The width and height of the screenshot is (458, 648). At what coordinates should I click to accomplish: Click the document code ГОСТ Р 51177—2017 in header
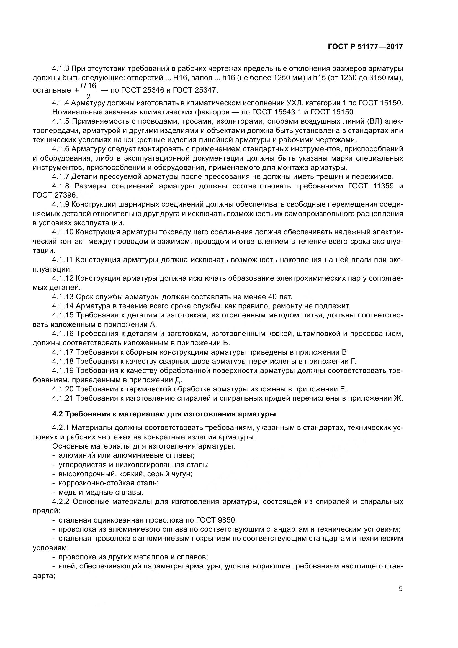coord(365,47)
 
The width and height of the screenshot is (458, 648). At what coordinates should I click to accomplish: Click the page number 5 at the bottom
coord(400,589)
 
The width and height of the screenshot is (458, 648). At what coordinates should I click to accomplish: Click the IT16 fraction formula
coord(88,90)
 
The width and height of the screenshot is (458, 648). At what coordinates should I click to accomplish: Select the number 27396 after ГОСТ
coord(65,195)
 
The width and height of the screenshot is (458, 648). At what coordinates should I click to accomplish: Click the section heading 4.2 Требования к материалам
coord(164,414)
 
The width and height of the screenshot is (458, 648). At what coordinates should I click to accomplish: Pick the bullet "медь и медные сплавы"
coord(101,493)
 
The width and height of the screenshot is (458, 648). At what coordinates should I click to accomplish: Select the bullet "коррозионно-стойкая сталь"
coord(108,483)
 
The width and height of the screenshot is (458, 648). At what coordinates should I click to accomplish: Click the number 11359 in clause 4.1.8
coord(383,186)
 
